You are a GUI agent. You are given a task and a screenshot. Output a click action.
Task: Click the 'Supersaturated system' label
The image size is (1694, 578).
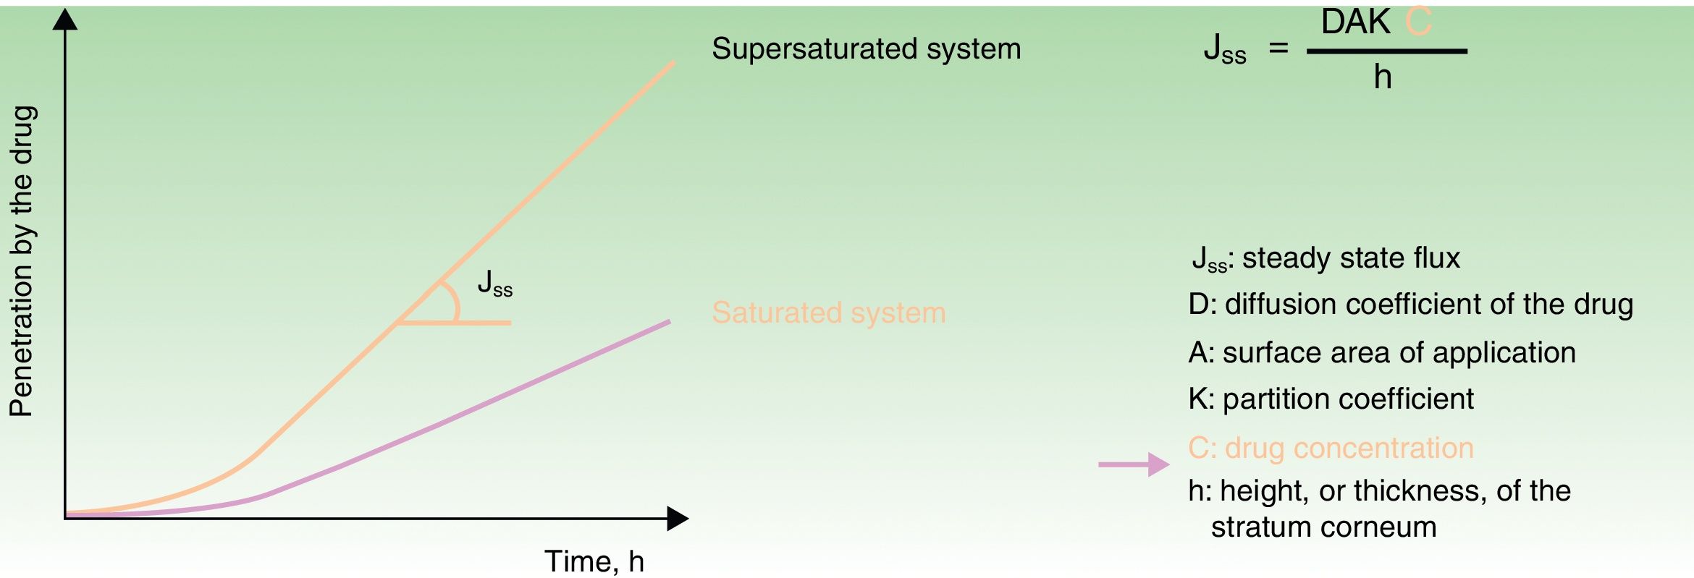click(866, 49)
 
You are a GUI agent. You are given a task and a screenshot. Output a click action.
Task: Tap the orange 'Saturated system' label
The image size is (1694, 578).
click(828, 313)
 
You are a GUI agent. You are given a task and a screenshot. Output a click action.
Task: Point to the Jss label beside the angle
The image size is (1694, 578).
click(494, 283)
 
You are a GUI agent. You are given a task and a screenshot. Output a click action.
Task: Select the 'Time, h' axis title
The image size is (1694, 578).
click(594, 561)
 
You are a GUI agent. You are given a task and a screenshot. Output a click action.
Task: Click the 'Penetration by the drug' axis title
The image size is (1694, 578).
click(22, 260)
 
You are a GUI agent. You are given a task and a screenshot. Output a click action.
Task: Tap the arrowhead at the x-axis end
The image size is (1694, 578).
click(678, 518)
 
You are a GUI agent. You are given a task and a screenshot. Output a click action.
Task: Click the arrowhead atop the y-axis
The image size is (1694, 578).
click(65, 20)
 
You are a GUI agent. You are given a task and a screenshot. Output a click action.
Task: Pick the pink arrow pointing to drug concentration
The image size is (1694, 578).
click(1134, 464)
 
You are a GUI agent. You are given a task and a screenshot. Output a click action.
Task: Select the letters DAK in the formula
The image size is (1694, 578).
click(1356, 22)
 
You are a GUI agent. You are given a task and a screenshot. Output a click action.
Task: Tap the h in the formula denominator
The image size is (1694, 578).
click(1383, 77)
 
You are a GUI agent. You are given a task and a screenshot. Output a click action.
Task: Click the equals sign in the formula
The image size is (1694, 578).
click(1278, 48)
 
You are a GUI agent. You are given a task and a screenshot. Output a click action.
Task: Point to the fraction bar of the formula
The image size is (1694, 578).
click(1386, 51)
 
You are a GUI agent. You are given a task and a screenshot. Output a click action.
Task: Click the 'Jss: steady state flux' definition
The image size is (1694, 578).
click(1326, 258)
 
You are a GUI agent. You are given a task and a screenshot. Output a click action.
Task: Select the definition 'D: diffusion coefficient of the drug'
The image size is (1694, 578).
click(1410, 305)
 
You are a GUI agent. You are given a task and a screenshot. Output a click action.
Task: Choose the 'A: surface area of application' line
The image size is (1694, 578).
click(1381, 352)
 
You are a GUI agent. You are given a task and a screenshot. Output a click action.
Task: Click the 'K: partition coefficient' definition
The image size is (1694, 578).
click(1331, 399)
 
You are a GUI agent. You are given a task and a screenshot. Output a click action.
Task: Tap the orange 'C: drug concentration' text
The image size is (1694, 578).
click(1331, 448)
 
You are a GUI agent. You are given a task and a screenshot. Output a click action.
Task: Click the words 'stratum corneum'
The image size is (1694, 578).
click(1323, 527)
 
